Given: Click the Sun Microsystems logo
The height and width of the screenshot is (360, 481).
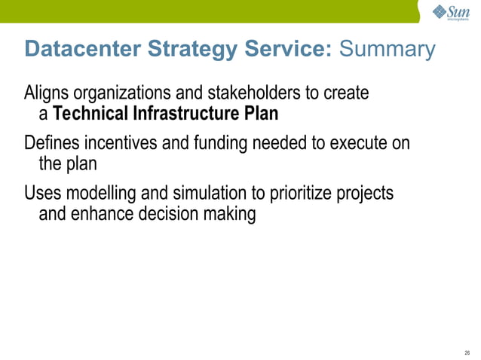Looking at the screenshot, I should click(451, 13).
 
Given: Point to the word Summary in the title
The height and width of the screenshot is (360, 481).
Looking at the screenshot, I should click(388, 50).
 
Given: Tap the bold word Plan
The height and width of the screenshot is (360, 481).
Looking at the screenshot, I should click(260, 115).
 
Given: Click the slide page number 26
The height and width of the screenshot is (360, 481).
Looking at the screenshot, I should click(467, 352).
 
